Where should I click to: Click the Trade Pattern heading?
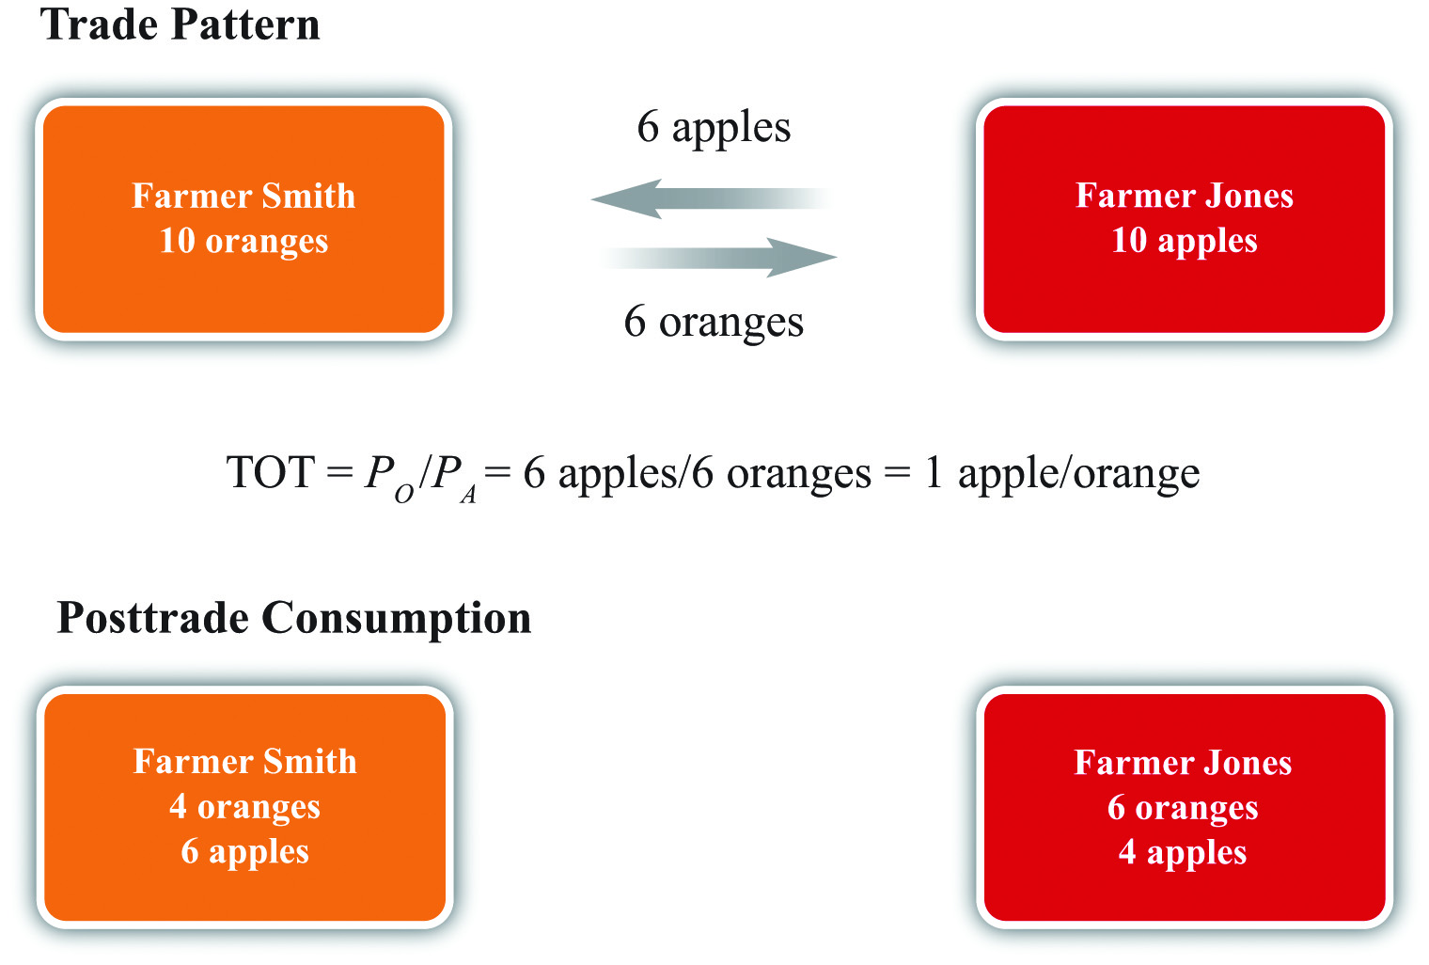pos(180,25)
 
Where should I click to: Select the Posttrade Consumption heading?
pos(294,619)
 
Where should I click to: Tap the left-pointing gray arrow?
pos(712,198)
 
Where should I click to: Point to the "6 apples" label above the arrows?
pos(714,128)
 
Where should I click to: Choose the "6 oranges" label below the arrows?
pos(714,323)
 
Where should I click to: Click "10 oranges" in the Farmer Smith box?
pos(243,242)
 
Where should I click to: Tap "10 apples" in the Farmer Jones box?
pos(1184,242)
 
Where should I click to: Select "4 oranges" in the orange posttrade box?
pos(245,807)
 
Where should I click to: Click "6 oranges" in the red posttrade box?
pos(1183,808)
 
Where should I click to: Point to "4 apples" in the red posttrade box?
pos(1183,853)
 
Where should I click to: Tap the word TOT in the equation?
pos(271,472)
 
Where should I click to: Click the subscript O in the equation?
pos(404,494)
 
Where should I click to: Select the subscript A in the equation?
pos(468,494)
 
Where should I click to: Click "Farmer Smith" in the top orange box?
pos(243,196)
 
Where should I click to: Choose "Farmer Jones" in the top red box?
pos(1184,196)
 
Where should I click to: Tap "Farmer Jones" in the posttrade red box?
pos(1183,762)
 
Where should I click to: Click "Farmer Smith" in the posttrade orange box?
pos(245,762)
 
